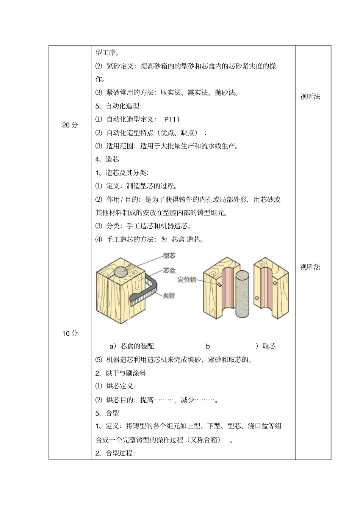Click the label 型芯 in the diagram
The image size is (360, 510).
click(169, 256)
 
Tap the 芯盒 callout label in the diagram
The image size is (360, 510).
click(169, 270)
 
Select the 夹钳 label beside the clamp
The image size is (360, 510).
click(169, 295)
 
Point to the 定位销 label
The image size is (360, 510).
click(186, 280)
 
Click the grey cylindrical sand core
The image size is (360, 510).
click(242, 294)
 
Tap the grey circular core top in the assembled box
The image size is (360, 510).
click(121, 272)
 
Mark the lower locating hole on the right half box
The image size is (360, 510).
click(257, 298)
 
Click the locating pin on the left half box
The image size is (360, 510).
click(219, 284)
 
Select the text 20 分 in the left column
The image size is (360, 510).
click(70, 125)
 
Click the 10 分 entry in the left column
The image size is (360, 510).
click(70, 333)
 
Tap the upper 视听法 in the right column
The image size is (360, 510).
click(310, 97)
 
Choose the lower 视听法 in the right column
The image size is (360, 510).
click(310, 267)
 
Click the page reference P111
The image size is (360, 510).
click(172, 119)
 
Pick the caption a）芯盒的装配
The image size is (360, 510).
click(131, 346)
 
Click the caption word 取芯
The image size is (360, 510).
click(269, 346)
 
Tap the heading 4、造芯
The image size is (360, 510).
click(107, 159)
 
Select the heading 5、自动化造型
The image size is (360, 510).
click(119, 106)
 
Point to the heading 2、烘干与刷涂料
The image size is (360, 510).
click(121, 373)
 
